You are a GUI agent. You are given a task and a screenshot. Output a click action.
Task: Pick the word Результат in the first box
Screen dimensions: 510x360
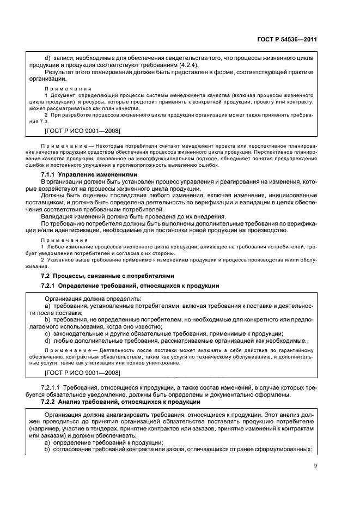pyautogui.click(x=60, y=71)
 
